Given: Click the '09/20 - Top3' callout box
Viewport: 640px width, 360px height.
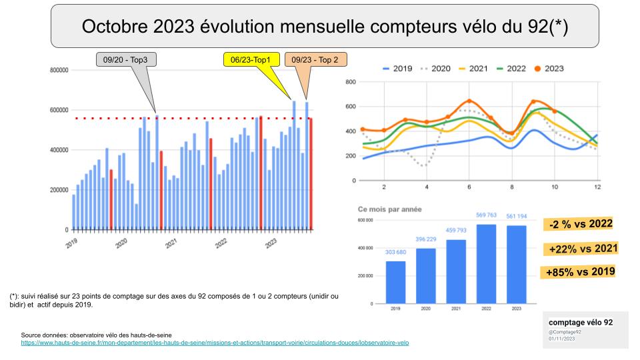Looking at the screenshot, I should (126, 60).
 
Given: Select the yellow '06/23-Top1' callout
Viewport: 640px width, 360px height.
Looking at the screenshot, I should (250, 60).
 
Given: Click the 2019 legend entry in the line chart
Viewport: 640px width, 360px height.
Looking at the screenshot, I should (397, 68).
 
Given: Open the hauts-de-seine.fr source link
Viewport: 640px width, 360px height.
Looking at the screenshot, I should (215, 343).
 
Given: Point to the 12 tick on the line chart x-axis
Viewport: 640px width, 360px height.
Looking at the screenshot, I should (597, 187).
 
